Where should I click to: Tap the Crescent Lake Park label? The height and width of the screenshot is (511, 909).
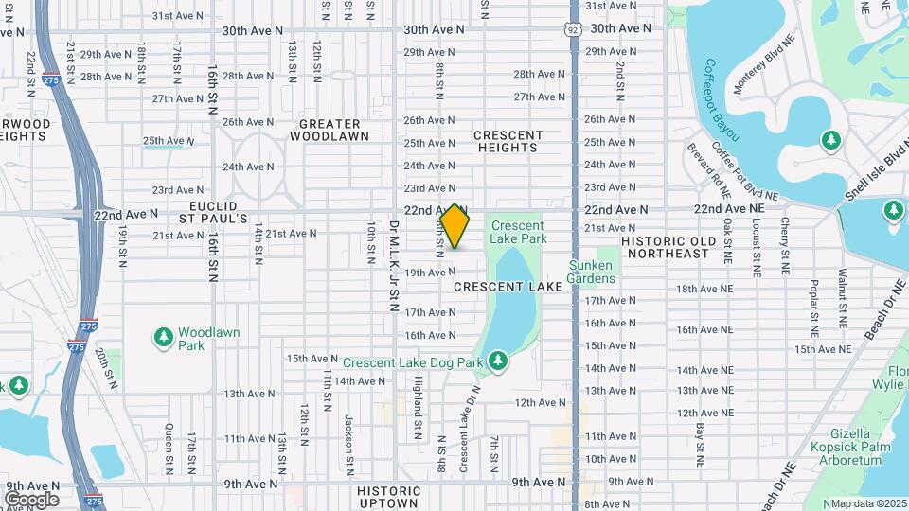(x=518, y=232)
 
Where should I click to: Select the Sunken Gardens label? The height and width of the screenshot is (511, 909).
(x=591, y=272)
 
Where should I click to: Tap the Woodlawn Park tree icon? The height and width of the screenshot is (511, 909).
(x=164, y=338)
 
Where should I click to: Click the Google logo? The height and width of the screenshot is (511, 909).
(x=31, y=499)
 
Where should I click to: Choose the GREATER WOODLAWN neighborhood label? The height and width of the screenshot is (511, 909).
(x=330, y=130)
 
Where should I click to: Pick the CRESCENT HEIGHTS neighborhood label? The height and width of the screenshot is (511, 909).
(x=508, y=142)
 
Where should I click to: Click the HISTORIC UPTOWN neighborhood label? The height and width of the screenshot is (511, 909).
(x=389, y=497)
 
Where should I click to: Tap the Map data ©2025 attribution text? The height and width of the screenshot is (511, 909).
(x=867, y=503)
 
